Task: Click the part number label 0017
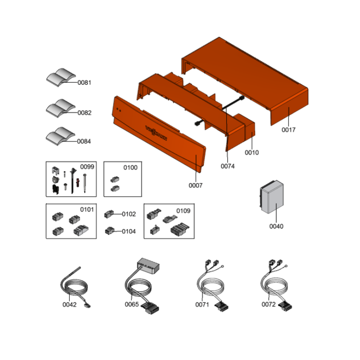[288, 130]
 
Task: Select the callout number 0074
[228, 166]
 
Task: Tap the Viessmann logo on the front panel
[156, 133]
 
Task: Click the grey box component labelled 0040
[272, 197]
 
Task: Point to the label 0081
[84, 83]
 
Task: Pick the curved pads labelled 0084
[60, 136]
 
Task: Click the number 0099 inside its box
[87, 167]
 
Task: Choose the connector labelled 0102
[109, 214]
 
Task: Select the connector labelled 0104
[109, 231]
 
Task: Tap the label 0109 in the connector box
[183, 211]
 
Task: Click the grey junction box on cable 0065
[148, 266]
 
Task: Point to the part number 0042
[69, 305]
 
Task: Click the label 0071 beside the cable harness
[202, 305]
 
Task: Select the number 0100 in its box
[130, 168]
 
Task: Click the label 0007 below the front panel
[195, 185]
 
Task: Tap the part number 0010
[252, 153]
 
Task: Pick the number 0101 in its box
[87, 210]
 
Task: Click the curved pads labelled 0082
[61, 108]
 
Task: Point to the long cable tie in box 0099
[73, 181]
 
